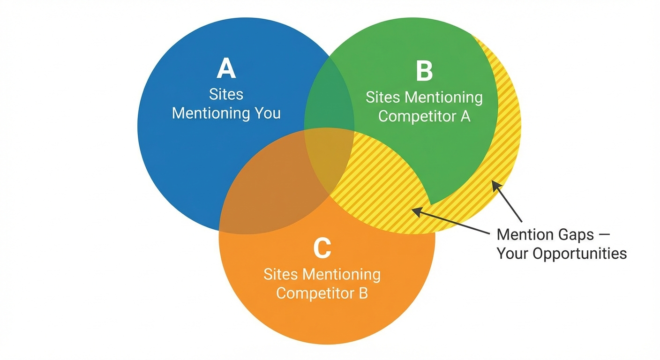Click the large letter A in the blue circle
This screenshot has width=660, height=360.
226,69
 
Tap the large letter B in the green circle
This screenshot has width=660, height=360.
424,72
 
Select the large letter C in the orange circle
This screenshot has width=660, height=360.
322,248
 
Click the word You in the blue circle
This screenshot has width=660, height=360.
267,113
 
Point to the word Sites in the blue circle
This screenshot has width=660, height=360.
226,94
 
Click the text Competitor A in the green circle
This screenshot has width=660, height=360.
424,116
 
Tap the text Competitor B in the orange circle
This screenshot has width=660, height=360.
322,293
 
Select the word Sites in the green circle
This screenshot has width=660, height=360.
383,97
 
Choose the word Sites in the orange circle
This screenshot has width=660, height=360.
281,274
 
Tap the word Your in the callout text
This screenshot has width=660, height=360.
514,254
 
